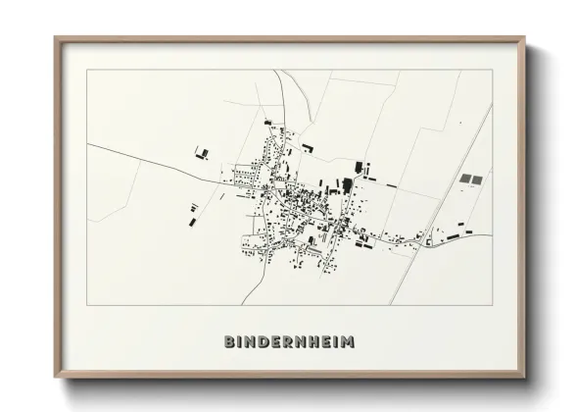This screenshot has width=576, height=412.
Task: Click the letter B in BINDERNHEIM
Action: point(230,342)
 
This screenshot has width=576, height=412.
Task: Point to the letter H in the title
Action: point(319,342)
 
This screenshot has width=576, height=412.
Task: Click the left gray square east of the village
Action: point(465,180)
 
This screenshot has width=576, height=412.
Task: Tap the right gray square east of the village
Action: point(477,180)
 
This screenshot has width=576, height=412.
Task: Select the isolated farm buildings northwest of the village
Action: point(203,152)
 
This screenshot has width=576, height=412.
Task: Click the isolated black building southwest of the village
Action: point(192,222)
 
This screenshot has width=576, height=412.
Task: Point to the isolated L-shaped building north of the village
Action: point(307,148)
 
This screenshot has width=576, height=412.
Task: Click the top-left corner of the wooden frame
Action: point(56,39)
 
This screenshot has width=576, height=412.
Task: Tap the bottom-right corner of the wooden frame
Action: point(525,376)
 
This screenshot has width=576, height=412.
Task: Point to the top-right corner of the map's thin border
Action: point(492,70)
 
